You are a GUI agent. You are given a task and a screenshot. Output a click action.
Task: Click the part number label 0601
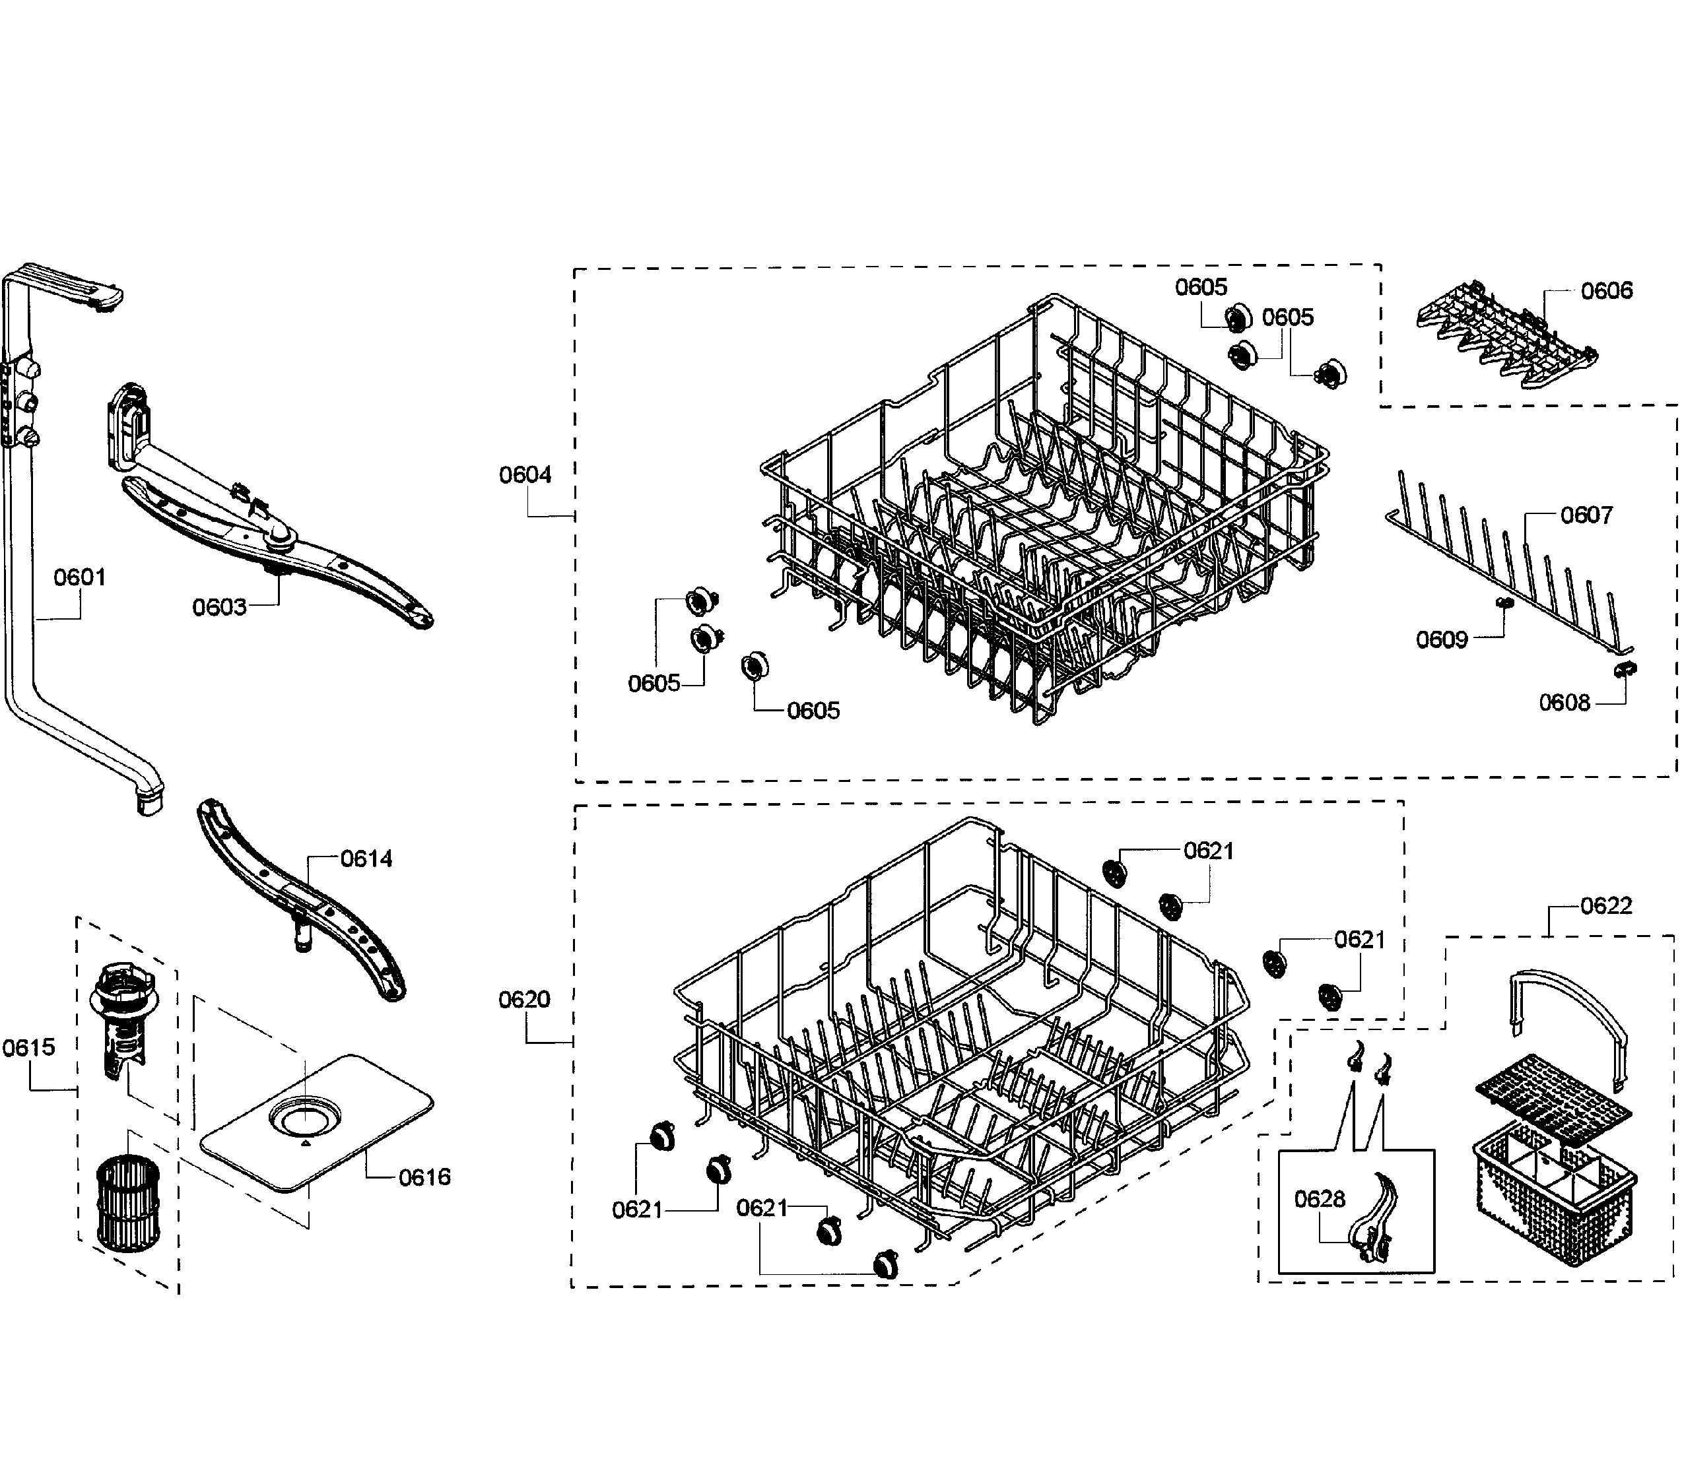click(80, 577)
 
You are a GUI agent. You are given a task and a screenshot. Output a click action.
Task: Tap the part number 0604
click(525, 475)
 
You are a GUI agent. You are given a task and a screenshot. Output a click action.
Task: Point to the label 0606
click(1605, 291)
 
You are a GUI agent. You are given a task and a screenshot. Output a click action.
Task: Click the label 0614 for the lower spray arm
click(366, 858)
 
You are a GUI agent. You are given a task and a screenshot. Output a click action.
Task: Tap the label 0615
click(28, 1047)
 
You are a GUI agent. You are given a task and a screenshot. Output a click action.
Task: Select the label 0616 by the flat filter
click(424, 1177)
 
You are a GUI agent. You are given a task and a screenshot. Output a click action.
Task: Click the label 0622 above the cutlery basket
click(1605, 906)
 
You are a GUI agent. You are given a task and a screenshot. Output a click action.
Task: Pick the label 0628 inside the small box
click(1319, 1198)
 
